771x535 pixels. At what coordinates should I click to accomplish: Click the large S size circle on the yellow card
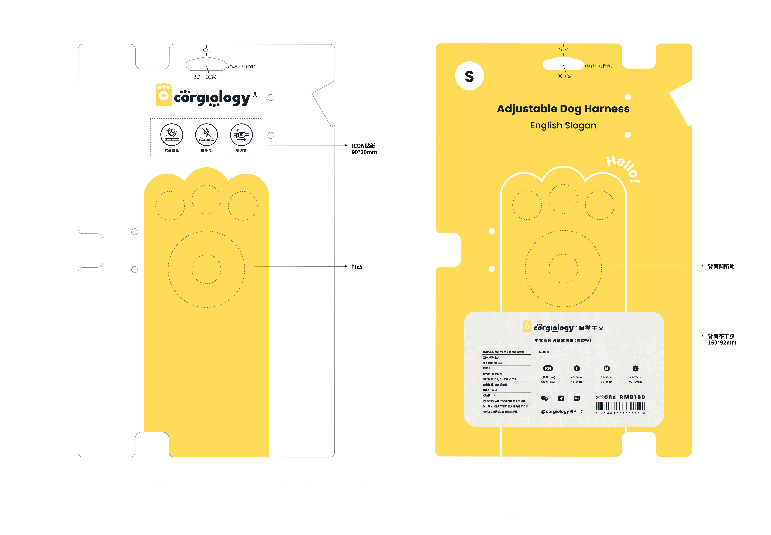coord(469,76)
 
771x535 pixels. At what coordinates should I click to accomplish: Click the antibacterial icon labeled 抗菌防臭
coord(172,135)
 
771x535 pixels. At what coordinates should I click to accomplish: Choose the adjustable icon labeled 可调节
coord(241,135)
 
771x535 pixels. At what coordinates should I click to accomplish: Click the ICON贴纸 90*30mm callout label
coord(364,149)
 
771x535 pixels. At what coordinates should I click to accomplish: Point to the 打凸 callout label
coord(357,267)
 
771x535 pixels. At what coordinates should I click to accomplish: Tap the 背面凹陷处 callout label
coord(721,266)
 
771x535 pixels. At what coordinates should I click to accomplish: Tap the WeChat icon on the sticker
coord(544,398)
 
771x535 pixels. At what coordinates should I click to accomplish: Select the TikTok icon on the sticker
coord(561,398)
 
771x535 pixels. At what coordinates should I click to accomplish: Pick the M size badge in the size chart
coord(606,368)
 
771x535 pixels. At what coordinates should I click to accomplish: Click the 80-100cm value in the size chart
coord(635,382)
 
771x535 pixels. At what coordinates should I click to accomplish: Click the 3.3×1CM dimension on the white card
coord(205,77)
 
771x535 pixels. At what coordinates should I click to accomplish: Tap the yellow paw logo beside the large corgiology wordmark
coord(164,95)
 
